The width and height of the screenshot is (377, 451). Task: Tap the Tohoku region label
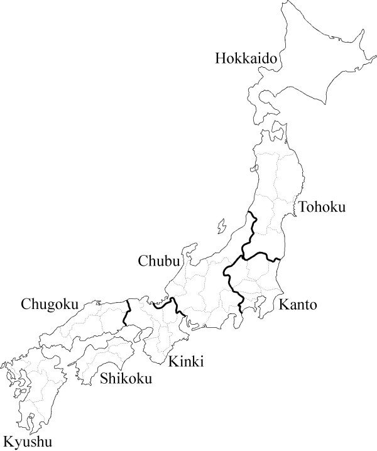point(322,207)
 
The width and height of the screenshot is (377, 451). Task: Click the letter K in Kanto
point(282,306)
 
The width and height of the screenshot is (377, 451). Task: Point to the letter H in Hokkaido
point(220,59)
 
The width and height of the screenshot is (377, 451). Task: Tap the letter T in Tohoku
point(303,207)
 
